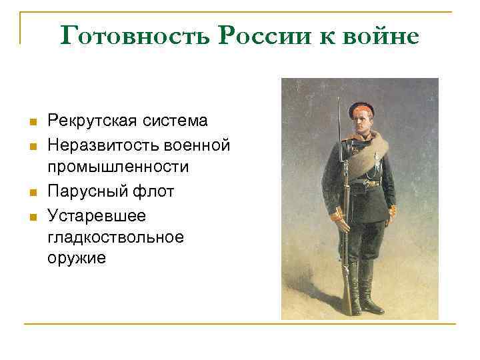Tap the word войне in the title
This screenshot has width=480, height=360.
click(x=382, y=35)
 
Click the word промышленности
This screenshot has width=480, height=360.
click(x=118, y=167)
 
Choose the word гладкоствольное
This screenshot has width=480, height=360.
click(x=115, y=238)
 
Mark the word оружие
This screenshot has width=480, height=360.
click(x=77, y=260)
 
